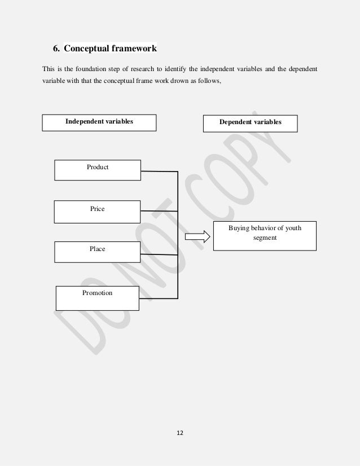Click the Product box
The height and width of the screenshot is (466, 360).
click(x=98, y=170)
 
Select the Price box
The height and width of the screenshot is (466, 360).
click(x=97, y=212)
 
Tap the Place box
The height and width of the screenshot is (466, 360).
click(x=97, y=252)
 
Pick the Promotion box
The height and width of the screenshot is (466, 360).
click(x=97, y=298)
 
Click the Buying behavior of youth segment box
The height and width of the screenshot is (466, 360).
click(x=265, y=236)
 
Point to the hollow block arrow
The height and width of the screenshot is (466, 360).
click(x=197, y=236)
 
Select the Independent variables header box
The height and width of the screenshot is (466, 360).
click(x=99, y=122)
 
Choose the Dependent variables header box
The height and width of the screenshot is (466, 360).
click(x=250, y=122)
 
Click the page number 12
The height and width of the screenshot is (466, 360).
click(x=180, y=433)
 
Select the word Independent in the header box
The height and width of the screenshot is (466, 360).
click(x=83, y=121)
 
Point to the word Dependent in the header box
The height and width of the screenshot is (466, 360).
click(x=234, y=122)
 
